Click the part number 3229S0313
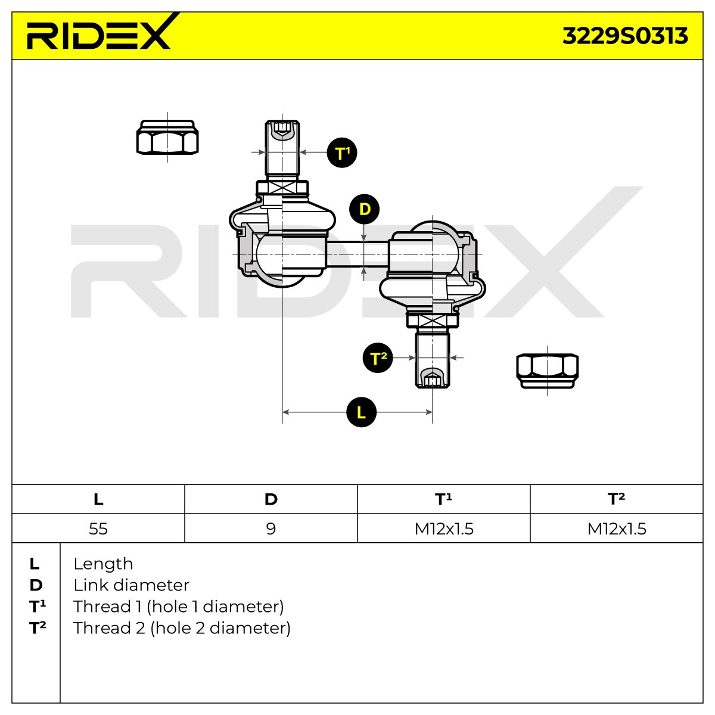click(x=625, y=36)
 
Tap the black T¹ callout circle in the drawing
click(x=342, y=153)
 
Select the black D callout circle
click(x=365, y=209)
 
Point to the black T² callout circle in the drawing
click(x=378, y=358)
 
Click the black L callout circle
click(x=361, y=412)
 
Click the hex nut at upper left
click(x=167, y=137)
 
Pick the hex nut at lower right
click(x=548, y=371)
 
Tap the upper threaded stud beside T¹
click(x=282, y=148)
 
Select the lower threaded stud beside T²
click(x=432, y=360)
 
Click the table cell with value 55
click(x=98, y=528)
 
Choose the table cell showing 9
click(x=271, y=528)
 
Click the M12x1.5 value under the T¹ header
click(x=444, y=529)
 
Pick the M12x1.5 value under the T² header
click(x=617, y=529)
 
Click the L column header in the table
click(x=98, y=499)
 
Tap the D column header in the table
click(x=271, y=499)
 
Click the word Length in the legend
click(x=103, y=564)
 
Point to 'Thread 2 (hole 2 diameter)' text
click(x=182, y=628)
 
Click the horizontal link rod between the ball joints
click(x=357, y=254)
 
